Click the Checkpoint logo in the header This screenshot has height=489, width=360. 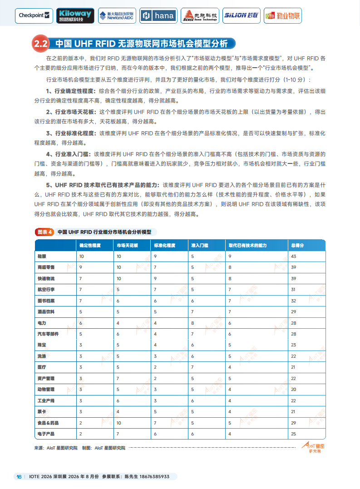pyautogui.click(x=34, y=15)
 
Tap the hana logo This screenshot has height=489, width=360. pyautogui.click(x=158, y=15)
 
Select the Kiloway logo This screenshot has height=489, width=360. pyautogui.click(x=75, y=15)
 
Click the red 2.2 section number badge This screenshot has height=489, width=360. pyautogui.click(x=40, y=44)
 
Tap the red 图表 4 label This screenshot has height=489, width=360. pyautogui.click(x=44, y=232)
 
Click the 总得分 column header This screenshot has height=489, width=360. pyautogui.click(x=296, y=245)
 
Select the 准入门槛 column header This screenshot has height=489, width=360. pyautogui.click(x=199, y=245)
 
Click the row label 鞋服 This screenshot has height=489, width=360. pyautogui.click(x=42, y=257)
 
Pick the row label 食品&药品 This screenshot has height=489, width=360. pyautogui.click(x=48, y=423)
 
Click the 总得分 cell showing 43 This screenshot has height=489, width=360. pyautogui.click(x=293, y=257)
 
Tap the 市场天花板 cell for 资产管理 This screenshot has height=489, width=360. pyautogui.click(x=118, y=378)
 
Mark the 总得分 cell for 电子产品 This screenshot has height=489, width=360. pyautogui.click(x=293, y=434)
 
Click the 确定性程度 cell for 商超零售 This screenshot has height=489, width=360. pyautogui.click(x=81, y=267)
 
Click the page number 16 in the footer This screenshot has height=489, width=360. pyautogui.click(x=20, y=477)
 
